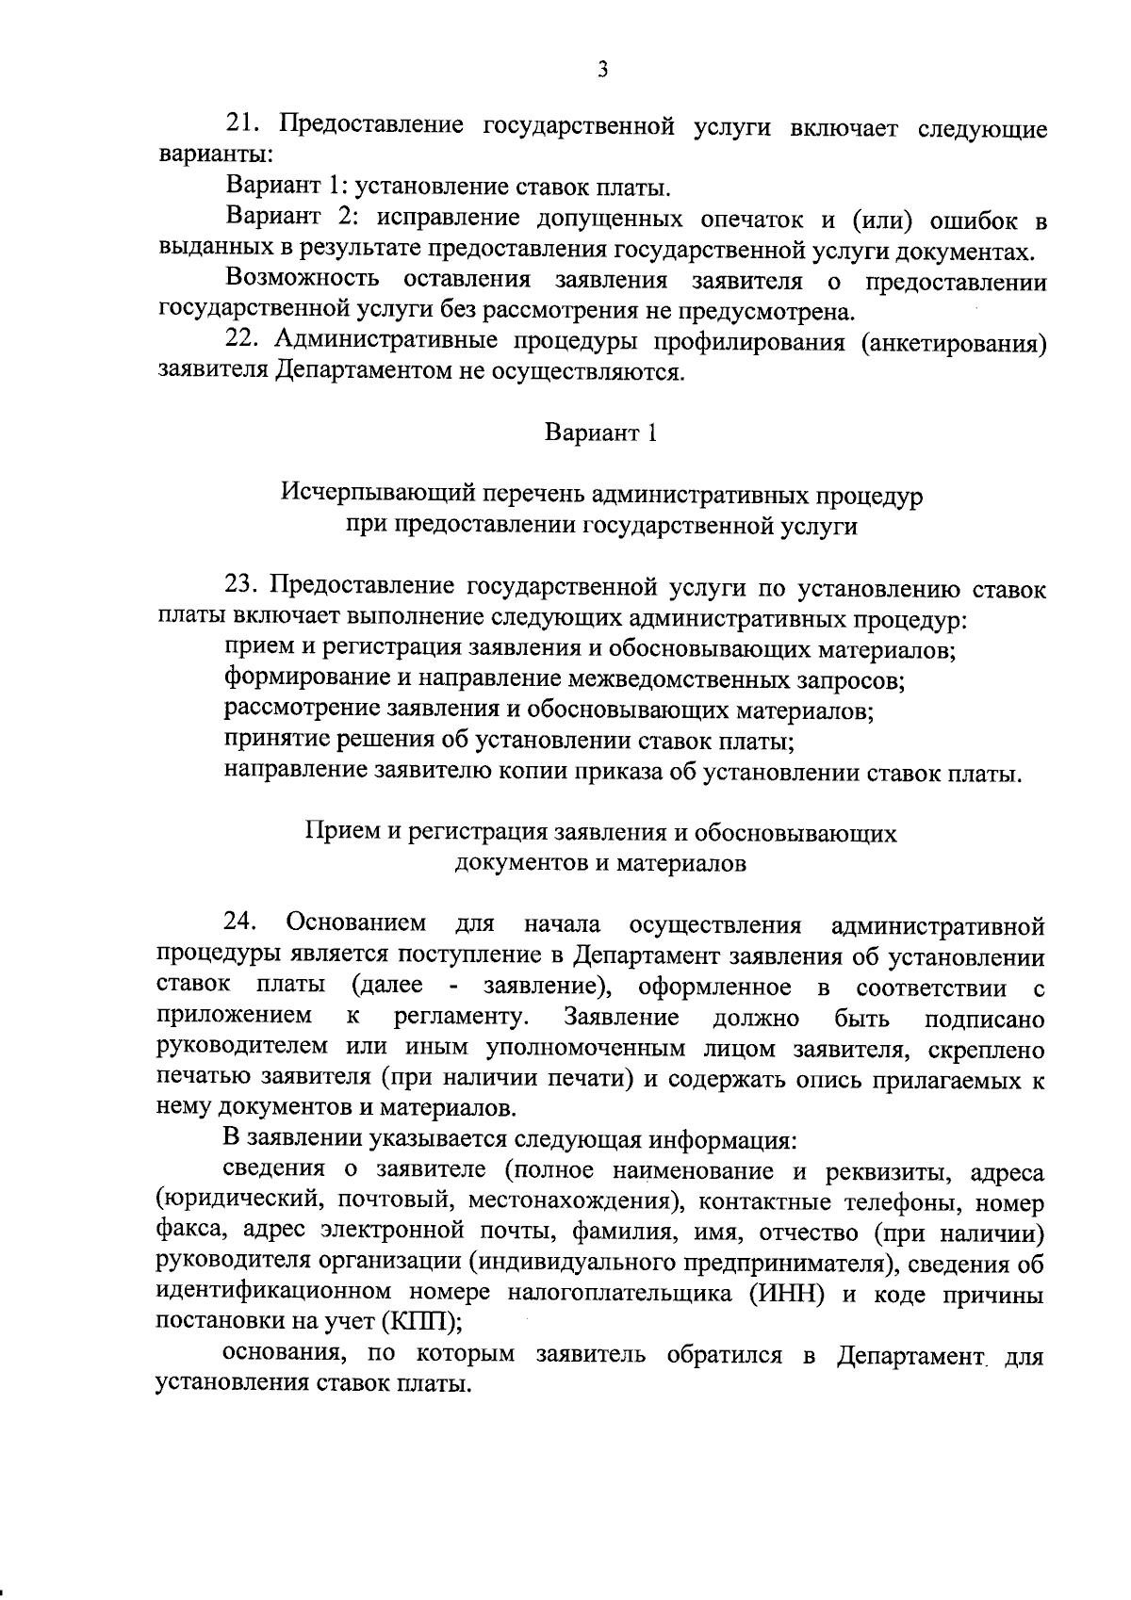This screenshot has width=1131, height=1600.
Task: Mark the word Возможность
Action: (303, 280)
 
